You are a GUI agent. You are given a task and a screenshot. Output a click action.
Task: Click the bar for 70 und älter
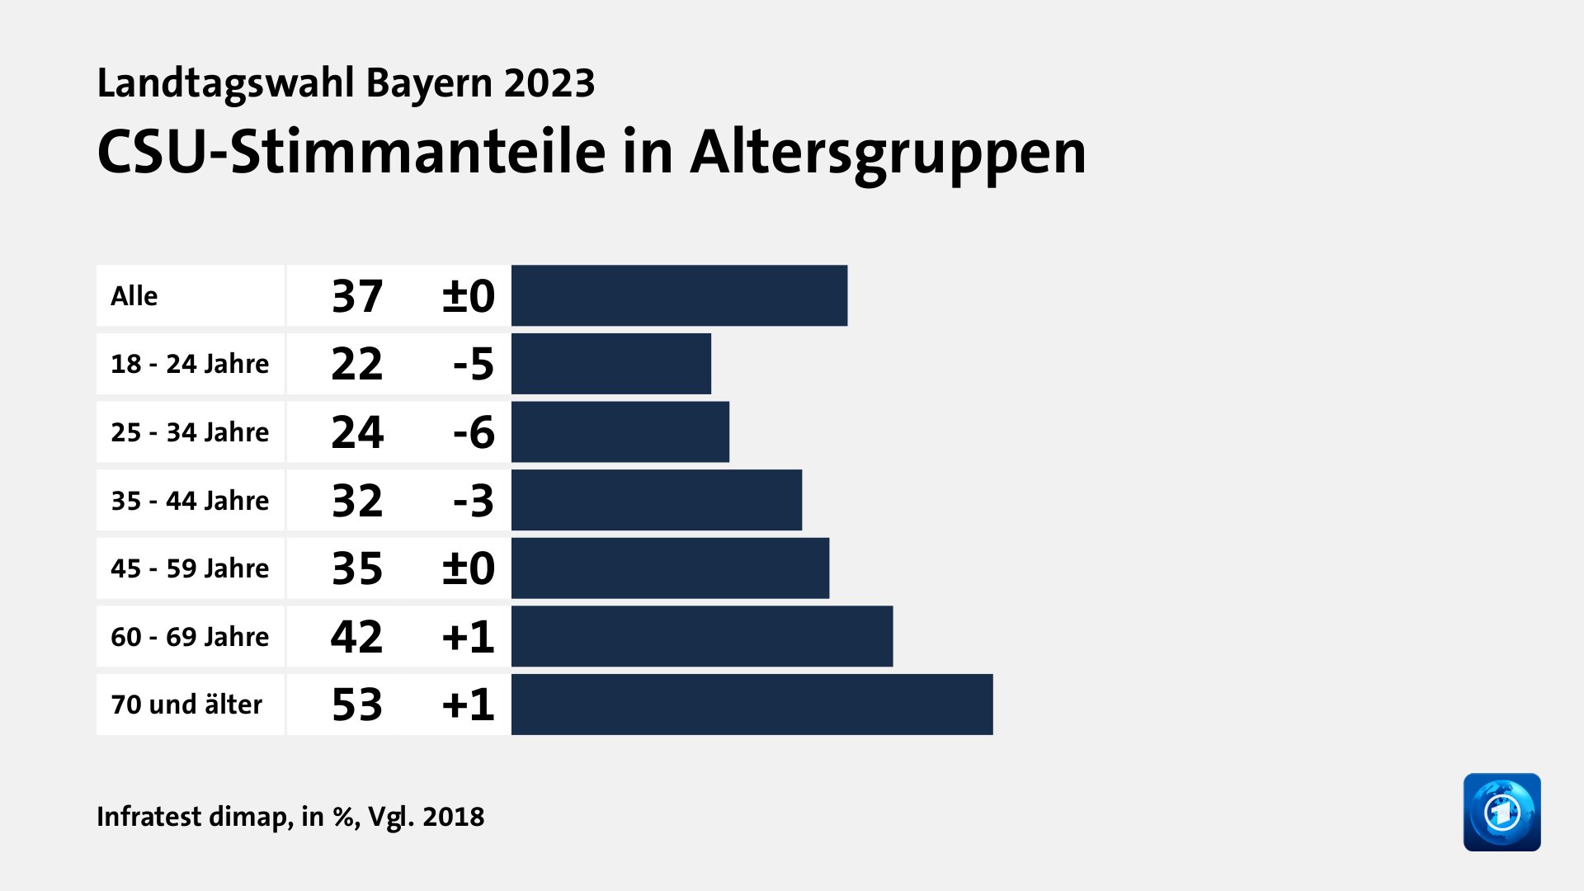pyautogui.click(x=752, y=705)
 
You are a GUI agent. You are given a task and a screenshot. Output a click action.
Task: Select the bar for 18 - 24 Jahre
pyautogui.click(x=610, y=364)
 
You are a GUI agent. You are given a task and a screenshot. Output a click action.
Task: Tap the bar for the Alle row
pyautogui.click(x=679, y=295)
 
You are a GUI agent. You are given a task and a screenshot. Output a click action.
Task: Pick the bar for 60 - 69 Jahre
pyautogui.click(x=701, y=636)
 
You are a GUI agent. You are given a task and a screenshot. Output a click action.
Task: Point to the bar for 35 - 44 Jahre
pyautogui.click(x=656, y=500)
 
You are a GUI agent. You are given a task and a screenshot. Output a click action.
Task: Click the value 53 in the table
pyautogui.click(x=356, y=705)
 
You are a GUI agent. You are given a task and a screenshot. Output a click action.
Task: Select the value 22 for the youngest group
pyautogui.click(x=356, y=364)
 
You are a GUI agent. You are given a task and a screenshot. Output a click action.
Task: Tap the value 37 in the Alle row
pyautogui.click(x=356, y=295)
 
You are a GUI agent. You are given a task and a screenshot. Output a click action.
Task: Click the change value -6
pyautogui.click(x=474, y=432)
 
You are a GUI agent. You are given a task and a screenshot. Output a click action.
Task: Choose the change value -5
pyautogui.click(x=474, y=364)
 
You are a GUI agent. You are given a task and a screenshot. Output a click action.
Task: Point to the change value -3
pyautogui.click(x=474, y=500)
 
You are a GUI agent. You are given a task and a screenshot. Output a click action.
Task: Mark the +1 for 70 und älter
pyautogui.click(x=468, y=705)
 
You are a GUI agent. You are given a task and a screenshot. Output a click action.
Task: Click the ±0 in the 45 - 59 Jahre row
pyautogui.click(x=468, y=568)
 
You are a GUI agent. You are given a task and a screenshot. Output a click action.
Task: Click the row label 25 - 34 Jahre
pyautogui.click(x=190, y=432)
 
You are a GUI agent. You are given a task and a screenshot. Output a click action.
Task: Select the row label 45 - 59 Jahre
pyautogui.click(x=190, y=568)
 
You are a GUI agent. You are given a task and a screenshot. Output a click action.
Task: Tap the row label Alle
pyautogui.click(x=134, y=295)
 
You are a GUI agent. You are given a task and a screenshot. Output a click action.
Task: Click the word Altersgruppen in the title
pyautogui.click(x=888, y=153)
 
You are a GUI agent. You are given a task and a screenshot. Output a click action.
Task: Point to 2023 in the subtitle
pyautogui.click(x=549, y=83)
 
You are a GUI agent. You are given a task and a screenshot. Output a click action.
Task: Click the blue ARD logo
pyautogui.click(x=1501, y=812)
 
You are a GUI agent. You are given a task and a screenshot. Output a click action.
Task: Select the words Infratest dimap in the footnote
pyautogui.click(x=193, y=817)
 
